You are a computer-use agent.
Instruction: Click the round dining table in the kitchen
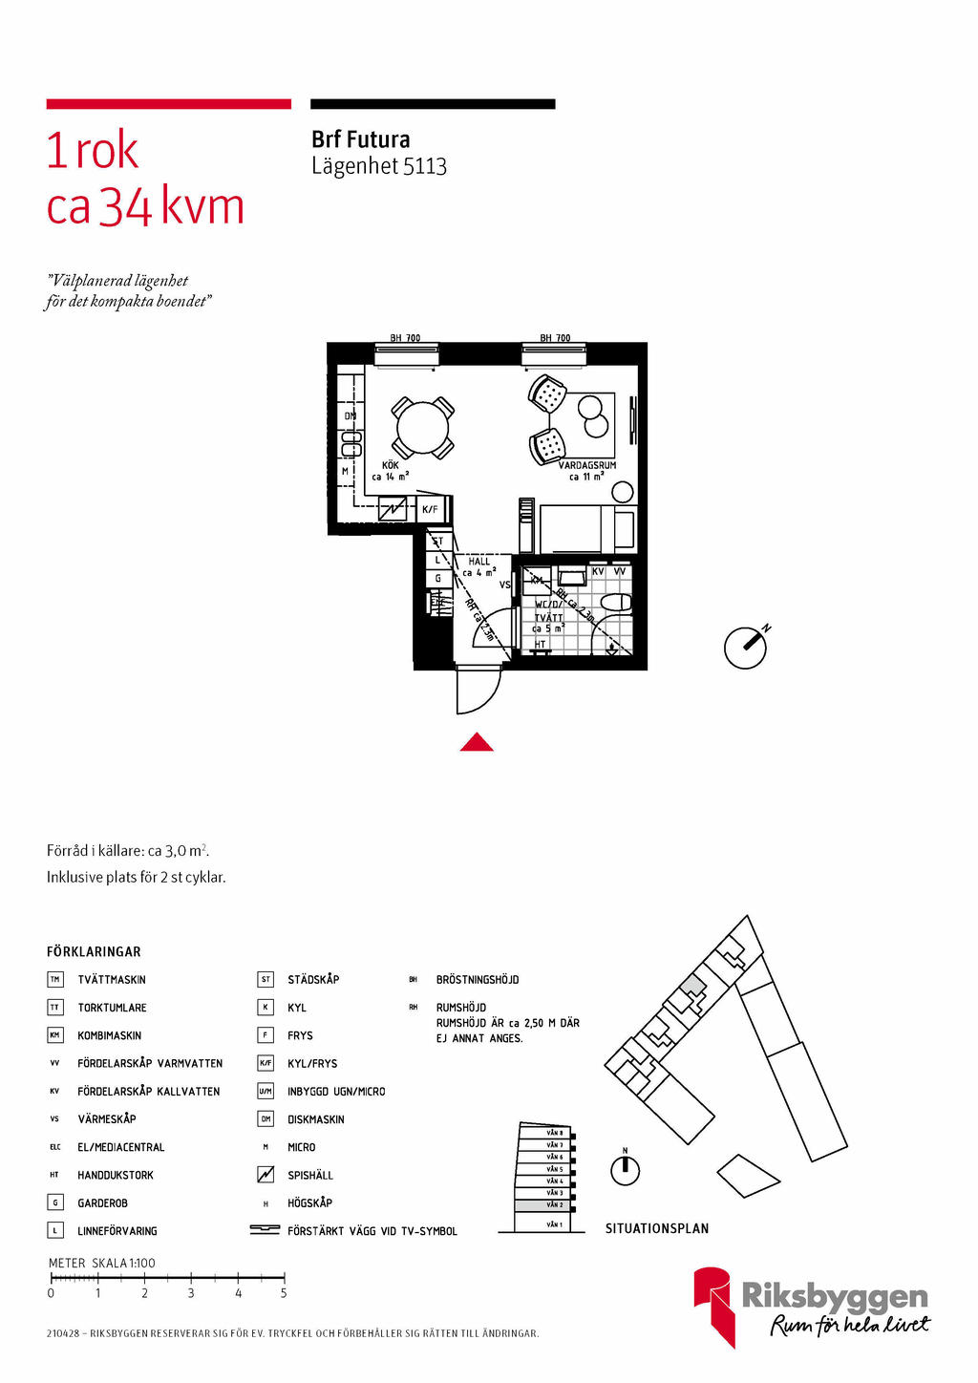tap(423, 428)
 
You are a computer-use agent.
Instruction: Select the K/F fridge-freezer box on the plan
tap(431, 509)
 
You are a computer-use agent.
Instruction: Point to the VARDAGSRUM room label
tap(586, 465)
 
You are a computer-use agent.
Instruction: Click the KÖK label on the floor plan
tap(390, 465)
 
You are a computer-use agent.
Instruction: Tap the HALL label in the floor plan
tap(478, 562)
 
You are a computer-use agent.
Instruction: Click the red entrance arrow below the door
tap(477, 742)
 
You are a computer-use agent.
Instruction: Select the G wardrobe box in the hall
tap(438, 578)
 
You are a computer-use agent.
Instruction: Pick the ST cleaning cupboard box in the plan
tap(438, 542)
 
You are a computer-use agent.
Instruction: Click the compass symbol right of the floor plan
tap(746, 648)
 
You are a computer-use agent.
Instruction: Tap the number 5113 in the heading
tap(425, 166)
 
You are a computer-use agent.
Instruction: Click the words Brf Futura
tap(360, 139)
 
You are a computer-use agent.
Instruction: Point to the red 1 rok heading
tap(93, 151)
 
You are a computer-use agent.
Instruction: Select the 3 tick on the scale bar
tap(191, 1278)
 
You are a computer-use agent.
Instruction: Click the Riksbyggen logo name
tap(835, 1296)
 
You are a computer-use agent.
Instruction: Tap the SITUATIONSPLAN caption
tap(657, 1228)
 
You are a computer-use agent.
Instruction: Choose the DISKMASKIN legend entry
tap(316, 1119)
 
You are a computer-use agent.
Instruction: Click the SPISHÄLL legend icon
tap(266, 1175)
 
